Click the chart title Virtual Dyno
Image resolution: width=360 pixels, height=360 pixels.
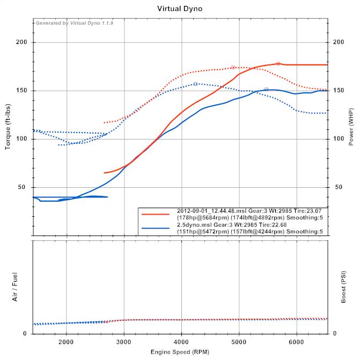tap(180, 9)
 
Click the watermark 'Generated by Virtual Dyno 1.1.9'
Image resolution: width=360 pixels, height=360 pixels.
tap(74, 23)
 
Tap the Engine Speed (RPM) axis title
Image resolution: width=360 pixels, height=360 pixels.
tap(180, 352)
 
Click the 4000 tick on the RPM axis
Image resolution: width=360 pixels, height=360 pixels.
tap(182, 341)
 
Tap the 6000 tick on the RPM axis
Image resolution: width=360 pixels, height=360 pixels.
tap(297, 341)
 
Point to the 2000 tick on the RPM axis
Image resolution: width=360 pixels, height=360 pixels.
tap(67, 341)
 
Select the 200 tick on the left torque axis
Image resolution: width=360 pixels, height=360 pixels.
tap(23, 42)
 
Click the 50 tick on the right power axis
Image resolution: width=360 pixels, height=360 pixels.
tap(339, 187)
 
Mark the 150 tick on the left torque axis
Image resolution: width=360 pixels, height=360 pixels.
tap(23, 91)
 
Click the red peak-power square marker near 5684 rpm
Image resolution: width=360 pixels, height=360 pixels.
tap(278, 64)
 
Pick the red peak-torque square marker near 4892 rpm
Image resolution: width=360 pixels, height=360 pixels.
tap(233, 68)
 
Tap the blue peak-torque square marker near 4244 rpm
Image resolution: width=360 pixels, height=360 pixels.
tap(196, 84)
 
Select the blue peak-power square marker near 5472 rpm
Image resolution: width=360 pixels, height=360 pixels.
tap(266, 89)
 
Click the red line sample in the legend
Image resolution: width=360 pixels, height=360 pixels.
tap(156, 214)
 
